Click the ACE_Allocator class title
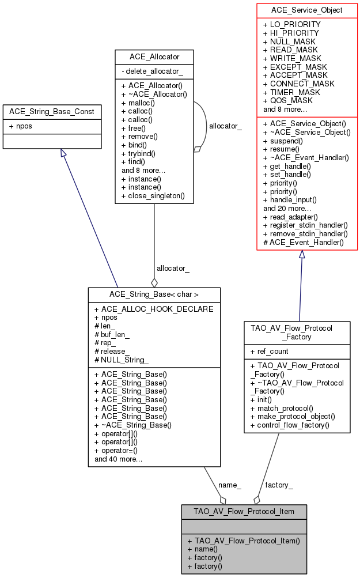point(154,56)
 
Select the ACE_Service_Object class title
point(307,10)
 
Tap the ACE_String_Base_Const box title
point(52,111)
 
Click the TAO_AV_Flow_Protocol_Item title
point(244,511)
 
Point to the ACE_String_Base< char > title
point(154,294)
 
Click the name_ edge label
point(230,485)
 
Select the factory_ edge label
point(279,485)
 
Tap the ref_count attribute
point(270,351)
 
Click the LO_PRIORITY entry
point(291,25)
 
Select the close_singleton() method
point(153,195)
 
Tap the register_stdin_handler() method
point(305,225)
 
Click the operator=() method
point(120,451)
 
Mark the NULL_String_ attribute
point(125,360)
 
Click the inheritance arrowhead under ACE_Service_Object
point(301,254)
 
